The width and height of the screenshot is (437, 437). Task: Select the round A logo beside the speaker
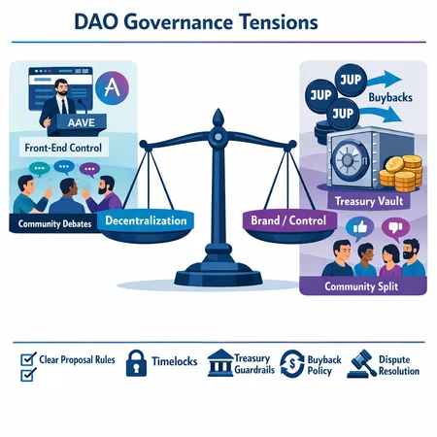(115, 88)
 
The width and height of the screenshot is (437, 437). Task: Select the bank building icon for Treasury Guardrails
(219, 357)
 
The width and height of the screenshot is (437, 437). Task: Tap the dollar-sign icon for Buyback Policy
(292, 361)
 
